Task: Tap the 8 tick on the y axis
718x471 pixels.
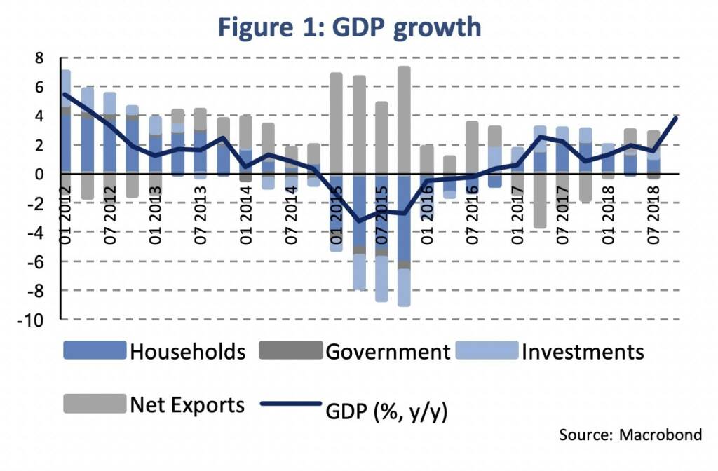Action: [x=40, y=58]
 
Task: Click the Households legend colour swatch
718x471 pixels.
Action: [x=94, y=350]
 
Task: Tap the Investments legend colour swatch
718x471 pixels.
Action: [x=486, y=350]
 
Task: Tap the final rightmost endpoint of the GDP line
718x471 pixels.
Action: [x=675, y=118]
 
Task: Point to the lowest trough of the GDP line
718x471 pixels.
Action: [x=359, y=221]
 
